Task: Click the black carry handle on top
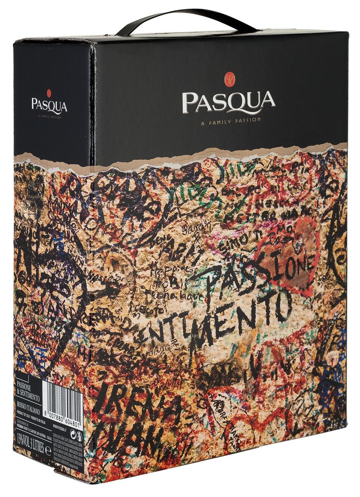pyautogui.click(x=186, y=19)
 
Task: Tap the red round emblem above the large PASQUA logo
pyautogui.click(x=228, y=79)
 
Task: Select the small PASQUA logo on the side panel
pyautogui.click(x=49, y=105)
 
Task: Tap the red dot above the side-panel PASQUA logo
pyautogui.click(x=49, y=93)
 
